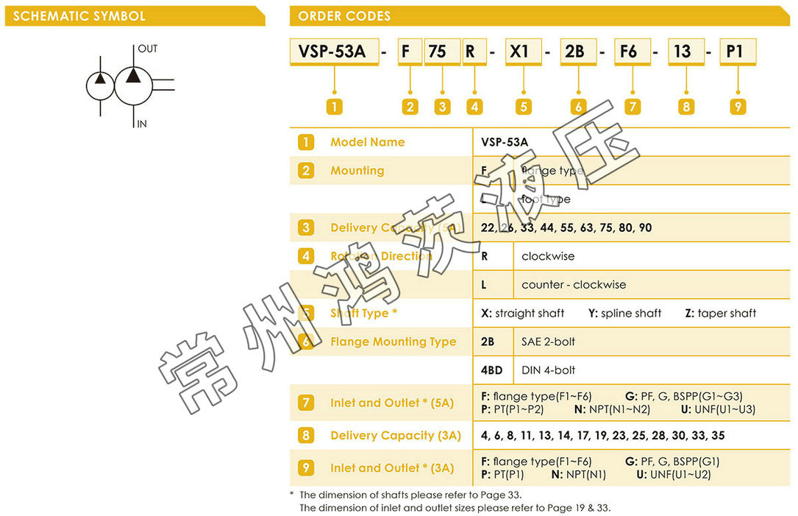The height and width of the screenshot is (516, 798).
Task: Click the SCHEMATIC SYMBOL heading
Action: (x=79, y=15)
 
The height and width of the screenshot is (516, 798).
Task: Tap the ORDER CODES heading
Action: (x=344, y=15)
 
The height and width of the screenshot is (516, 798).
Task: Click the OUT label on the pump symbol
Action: (x=147, y=49)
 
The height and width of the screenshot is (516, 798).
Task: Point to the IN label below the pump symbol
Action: (x=142, y=124)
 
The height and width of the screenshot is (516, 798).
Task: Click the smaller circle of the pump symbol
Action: (x=100, y=85)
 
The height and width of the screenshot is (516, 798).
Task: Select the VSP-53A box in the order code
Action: (x=333, y=52)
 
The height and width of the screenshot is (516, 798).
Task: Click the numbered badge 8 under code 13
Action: (x=685, y=107)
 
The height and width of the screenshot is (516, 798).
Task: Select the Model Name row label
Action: (x=367, y=142)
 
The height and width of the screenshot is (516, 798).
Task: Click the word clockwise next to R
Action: (x=548, y=256)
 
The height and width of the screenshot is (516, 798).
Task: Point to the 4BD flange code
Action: (x=492, y=370)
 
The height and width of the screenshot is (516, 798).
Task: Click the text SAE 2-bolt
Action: (x=549, y=342)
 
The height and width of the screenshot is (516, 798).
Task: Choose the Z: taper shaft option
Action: (x=720, y=313)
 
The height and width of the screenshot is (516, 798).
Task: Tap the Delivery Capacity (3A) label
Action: (x=396, y=435)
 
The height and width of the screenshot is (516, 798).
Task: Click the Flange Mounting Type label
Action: (x=393, y=342)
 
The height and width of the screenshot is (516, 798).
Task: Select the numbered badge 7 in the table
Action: (x=306, y=403)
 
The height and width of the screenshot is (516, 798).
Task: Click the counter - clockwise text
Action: (x=574, y=285)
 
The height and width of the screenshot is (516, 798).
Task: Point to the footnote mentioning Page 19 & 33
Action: (x=455, y=507)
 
